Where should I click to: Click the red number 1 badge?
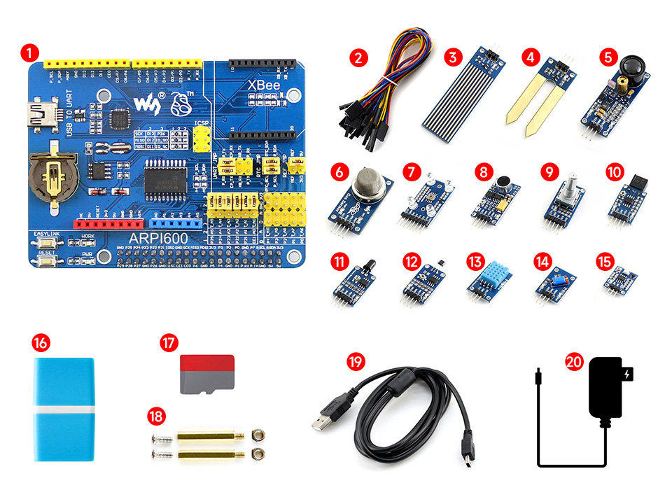pos(29,52)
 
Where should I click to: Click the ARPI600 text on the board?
pos(149,239)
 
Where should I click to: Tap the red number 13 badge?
pos(475,262)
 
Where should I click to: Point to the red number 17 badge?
pos(169,343)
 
